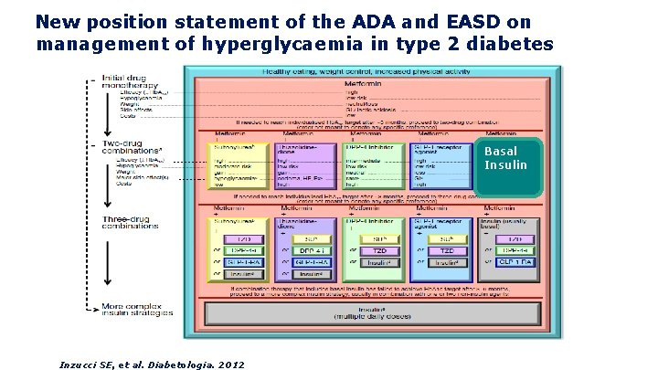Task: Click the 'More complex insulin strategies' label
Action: tap(137, 309)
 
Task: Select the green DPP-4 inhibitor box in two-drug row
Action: tap(374, 165)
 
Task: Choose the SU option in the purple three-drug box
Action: tap(308, 239)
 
